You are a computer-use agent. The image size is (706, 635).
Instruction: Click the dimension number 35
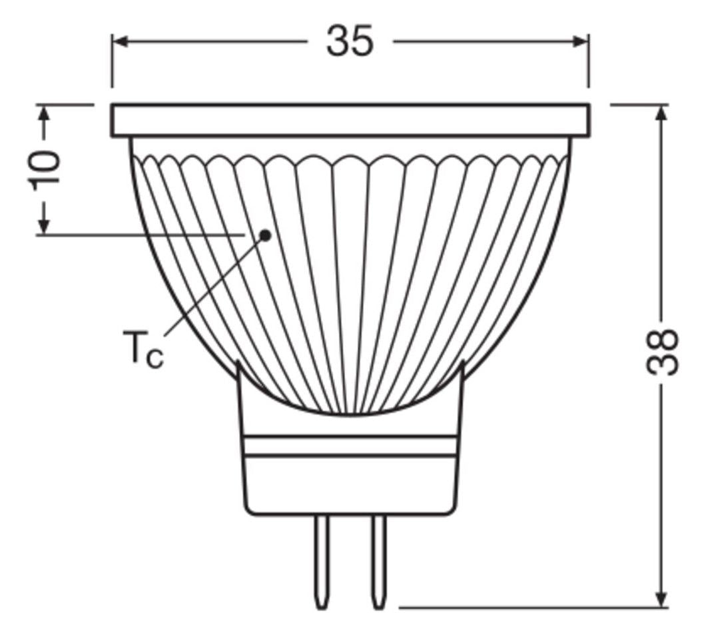350,42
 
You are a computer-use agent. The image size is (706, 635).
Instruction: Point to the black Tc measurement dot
266,235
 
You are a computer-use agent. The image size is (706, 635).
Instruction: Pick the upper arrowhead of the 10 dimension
45,114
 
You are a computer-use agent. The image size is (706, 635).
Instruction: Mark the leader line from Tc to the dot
213,286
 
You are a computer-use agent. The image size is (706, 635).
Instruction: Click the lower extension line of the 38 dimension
533,607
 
